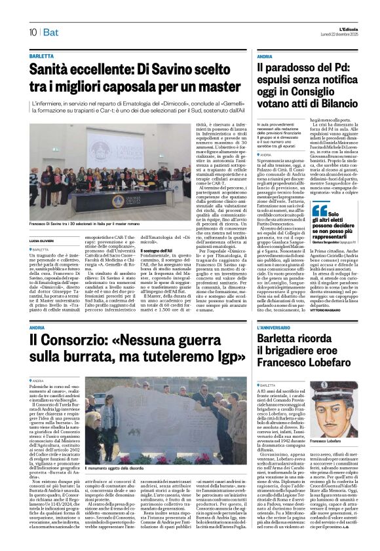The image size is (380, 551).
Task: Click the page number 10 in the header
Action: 33,32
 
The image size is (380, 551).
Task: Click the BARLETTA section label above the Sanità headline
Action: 41,58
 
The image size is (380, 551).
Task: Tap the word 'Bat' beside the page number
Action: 51,32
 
